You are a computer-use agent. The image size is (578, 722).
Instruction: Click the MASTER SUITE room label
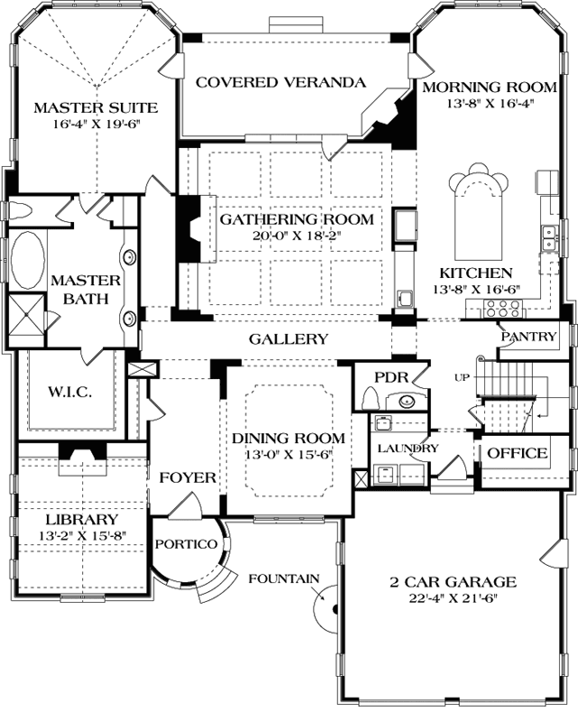point(96,108)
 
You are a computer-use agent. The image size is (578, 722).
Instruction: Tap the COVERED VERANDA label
point(280,82)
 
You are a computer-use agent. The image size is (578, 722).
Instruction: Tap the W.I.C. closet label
point(69,393)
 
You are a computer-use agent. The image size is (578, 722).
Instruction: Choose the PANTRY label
point(529,337)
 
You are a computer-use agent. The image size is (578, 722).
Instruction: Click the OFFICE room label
point(518,452)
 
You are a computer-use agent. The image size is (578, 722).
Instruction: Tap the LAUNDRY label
point(408,448)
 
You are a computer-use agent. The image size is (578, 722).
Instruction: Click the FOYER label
point(188,477)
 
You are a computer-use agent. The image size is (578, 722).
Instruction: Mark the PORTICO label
point(187,544)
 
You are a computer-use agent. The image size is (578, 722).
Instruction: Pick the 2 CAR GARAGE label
point(461,582)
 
